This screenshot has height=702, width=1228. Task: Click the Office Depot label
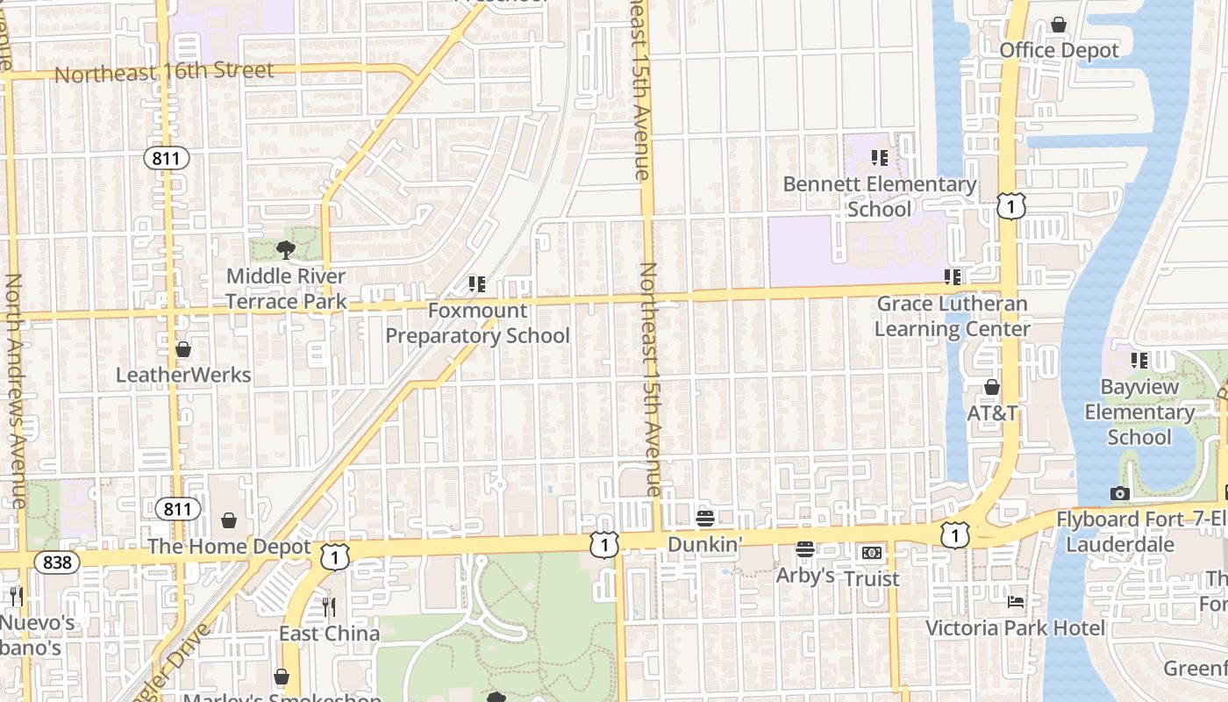1060,51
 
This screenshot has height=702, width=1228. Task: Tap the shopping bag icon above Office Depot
1059,25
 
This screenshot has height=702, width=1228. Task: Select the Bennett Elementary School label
879,197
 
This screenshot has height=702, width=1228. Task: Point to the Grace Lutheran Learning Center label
953,317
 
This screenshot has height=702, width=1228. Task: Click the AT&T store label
992,412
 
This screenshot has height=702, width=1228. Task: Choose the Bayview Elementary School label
1139,412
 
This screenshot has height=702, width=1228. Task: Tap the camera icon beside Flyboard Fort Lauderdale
1119,494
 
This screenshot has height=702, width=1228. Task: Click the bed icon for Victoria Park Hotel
1016,602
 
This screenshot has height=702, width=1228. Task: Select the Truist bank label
872,579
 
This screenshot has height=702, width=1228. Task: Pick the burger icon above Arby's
805,549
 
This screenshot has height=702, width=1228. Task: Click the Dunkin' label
705,544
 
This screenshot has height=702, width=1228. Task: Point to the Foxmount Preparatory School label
478,323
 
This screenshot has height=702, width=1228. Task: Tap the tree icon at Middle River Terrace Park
285,250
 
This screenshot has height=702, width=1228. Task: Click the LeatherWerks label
183,376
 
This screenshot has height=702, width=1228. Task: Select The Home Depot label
229,547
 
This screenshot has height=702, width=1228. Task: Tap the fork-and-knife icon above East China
329,606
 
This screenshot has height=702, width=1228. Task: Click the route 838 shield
57,562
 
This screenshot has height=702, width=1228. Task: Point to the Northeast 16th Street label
164,73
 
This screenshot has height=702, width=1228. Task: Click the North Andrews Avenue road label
16,390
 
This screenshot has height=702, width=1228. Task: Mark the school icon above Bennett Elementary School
879,158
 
